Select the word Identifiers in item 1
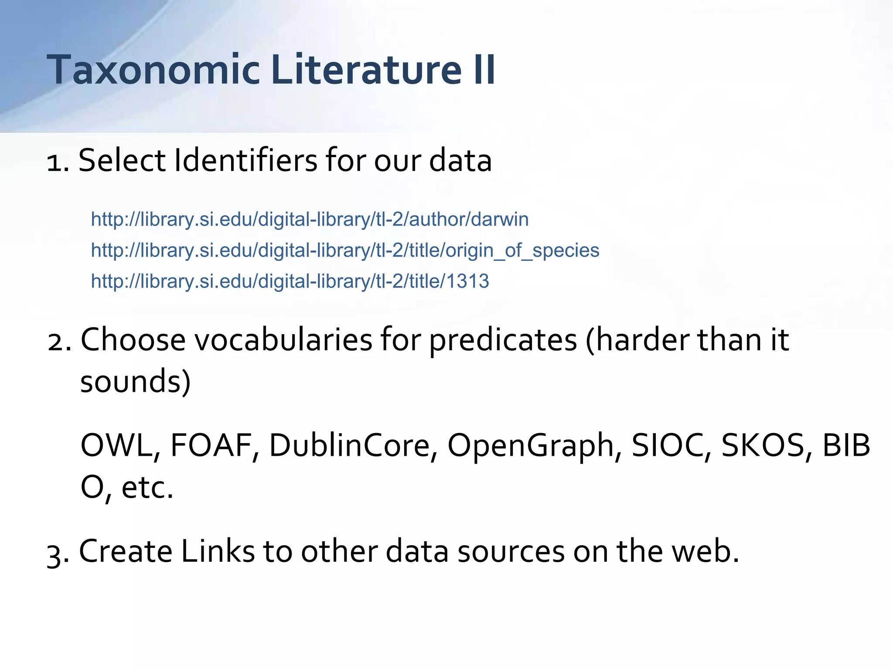(245, 161)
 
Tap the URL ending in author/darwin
(310, 219)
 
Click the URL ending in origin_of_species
(345, 250)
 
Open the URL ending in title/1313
(290, 281)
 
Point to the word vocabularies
(283, 339)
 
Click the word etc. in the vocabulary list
(147, 488)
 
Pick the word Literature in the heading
(366, 70)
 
